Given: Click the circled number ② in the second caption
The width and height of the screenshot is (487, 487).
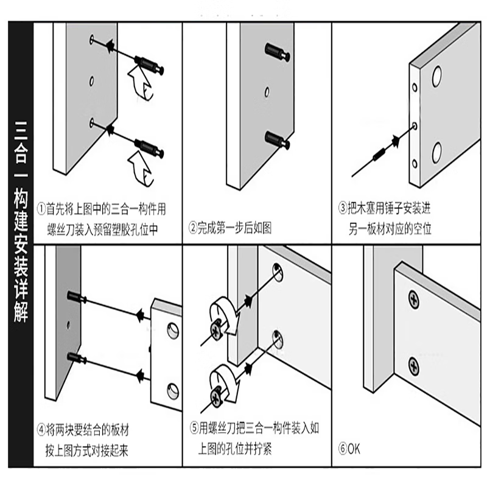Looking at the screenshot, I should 193,229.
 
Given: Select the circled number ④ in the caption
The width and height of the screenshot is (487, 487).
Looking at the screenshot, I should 41,430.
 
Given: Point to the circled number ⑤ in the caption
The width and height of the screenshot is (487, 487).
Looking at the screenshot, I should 193,430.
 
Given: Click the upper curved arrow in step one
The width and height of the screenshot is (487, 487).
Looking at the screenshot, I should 142,82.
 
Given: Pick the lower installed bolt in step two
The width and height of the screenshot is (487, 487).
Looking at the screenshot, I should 278,139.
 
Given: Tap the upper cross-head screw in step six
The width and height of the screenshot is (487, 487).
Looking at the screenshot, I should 413,300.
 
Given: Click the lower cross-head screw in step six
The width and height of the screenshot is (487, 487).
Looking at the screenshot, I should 413,366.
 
